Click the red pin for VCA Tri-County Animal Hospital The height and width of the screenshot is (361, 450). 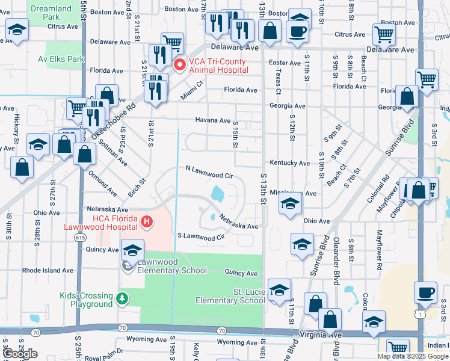(x=179, y=64)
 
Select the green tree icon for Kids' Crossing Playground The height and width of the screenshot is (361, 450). (x=122, y=298)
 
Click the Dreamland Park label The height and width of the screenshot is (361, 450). (x=51, y=13)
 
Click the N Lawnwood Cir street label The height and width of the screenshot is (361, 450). (x=209, y=172)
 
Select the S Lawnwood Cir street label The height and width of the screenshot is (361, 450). (x=200, y=236)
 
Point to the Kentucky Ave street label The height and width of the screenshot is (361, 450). (x=289, y=163)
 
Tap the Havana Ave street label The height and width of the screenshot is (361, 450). (x=213, y=120)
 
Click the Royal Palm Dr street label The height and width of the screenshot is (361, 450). (x=103, y=350)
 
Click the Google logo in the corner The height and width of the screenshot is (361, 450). (x=20, y=354)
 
